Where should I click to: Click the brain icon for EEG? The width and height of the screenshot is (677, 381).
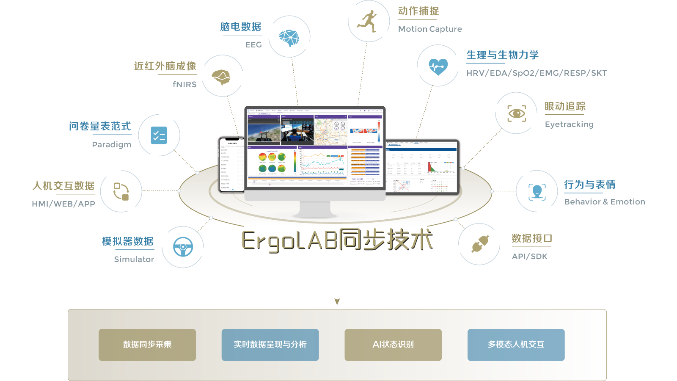[289, 37]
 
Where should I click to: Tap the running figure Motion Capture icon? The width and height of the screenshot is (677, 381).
[368, 21]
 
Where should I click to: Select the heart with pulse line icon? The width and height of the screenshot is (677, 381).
[438, 66]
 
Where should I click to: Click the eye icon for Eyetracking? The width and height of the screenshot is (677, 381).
[517, 113]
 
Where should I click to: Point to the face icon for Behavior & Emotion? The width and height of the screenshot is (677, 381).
[537, 191]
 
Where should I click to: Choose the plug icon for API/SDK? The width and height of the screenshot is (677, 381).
[480, 244]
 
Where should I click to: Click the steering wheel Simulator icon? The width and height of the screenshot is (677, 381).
[183, 247]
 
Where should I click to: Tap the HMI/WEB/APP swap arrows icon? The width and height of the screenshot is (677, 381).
[121, 191]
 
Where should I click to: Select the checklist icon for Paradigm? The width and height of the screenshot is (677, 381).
[159, 135]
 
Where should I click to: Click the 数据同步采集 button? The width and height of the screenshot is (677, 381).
[147, 345]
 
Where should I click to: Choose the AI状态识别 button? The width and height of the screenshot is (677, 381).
[393, 345]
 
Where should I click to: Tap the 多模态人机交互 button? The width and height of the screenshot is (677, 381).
[516, 345]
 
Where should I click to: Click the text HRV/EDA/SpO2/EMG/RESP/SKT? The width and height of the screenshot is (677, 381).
[536, 73]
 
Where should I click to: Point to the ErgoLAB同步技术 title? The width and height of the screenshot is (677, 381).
[337, 240]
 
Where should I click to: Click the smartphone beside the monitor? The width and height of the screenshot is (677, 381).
[231, 164]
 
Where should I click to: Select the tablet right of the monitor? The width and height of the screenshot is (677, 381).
[422, 167]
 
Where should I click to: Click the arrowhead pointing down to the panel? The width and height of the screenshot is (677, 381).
[337, 302]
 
